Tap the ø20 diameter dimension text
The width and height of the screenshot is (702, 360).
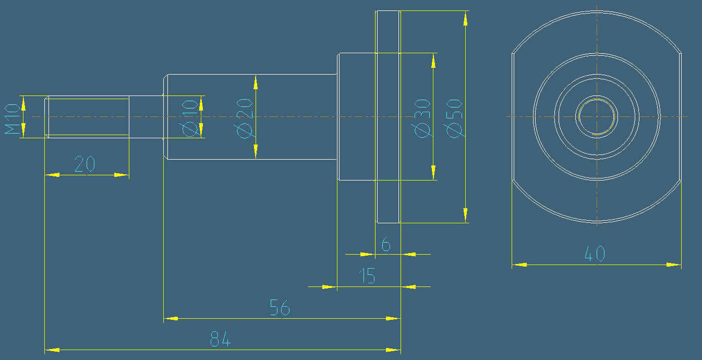click(245, 118)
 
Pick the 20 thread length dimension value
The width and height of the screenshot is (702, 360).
click(84, 164)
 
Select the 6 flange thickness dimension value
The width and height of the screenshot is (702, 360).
click(386, 244)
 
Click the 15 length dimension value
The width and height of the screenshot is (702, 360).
click(368, 276)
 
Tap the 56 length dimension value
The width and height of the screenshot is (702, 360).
click(280, 308)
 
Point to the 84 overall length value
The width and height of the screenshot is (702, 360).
click(220, 340)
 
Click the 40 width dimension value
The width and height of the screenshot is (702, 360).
click(595, 254)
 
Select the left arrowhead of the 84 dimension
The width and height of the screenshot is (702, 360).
click(52, 350)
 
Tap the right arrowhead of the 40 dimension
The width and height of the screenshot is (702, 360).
click(674, 265)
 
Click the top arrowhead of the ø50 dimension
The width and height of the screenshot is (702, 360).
click(465, 18)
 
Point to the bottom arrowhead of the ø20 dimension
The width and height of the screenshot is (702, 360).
click(256, 152)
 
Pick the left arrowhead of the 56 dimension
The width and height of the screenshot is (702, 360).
click(171, 318)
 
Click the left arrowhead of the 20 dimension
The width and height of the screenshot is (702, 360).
click(52, 175)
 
